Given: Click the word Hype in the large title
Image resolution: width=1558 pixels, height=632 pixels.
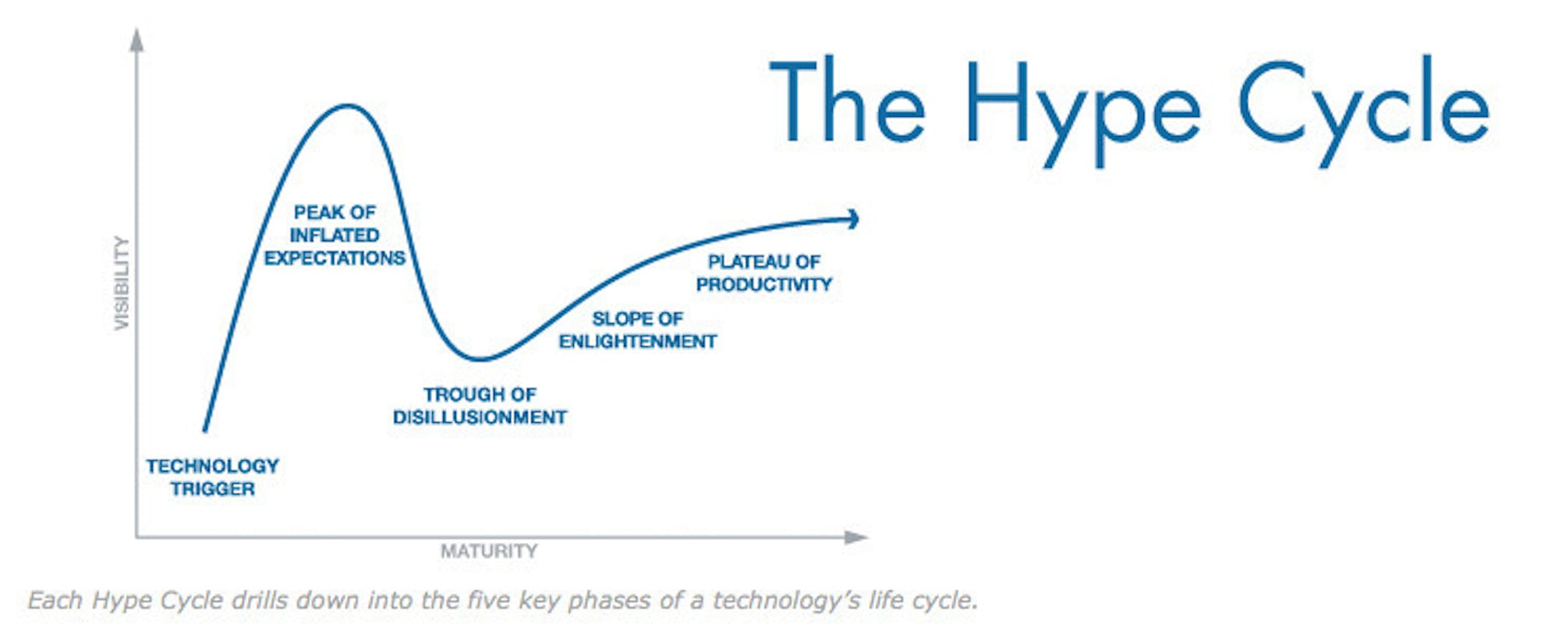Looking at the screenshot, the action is [x=1083, y=111].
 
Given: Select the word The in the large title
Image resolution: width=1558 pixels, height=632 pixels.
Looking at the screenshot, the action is [x=848, y=101].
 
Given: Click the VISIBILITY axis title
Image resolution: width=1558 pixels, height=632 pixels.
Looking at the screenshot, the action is [x=122, y=282].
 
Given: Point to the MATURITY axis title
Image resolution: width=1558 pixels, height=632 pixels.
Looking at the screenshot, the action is [x=489, y=552].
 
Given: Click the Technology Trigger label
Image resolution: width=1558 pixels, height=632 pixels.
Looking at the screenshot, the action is [x=212, y=478].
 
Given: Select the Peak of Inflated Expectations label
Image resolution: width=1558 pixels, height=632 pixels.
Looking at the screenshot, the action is [x=335, y=235].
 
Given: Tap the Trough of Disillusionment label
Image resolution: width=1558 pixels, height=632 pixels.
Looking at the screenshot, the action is [x=480, y=406].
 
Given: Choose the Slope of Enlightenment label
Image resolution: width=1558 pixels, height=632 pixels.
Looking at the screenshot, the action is [x=638, y=330].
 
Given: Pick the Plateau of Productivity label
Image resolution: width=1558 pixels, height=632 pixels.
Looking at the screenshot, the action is [x=764, y=273].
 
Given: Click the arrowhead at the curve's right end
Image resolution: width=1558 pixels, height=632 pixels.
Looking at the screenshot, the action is [x=854, y=219].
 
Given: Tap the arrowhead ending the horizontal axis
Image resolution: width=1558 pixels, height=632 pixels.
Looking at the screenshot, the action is [x=856, y=537].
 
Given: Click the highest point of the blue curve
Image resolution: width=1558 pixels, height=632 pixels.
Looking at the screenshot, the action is [x=347, y=105].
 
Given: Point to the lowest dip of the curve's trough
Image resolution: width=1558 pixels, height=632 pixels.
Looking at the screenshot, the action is [x=480, y=360].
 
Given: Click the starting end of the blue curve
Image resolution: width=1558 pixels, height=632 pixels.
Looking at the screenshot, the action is [x=205, y=430].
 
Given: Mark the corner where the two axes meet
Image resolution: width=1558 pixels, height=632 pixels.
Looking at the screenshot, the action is [x=136, y=537].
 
